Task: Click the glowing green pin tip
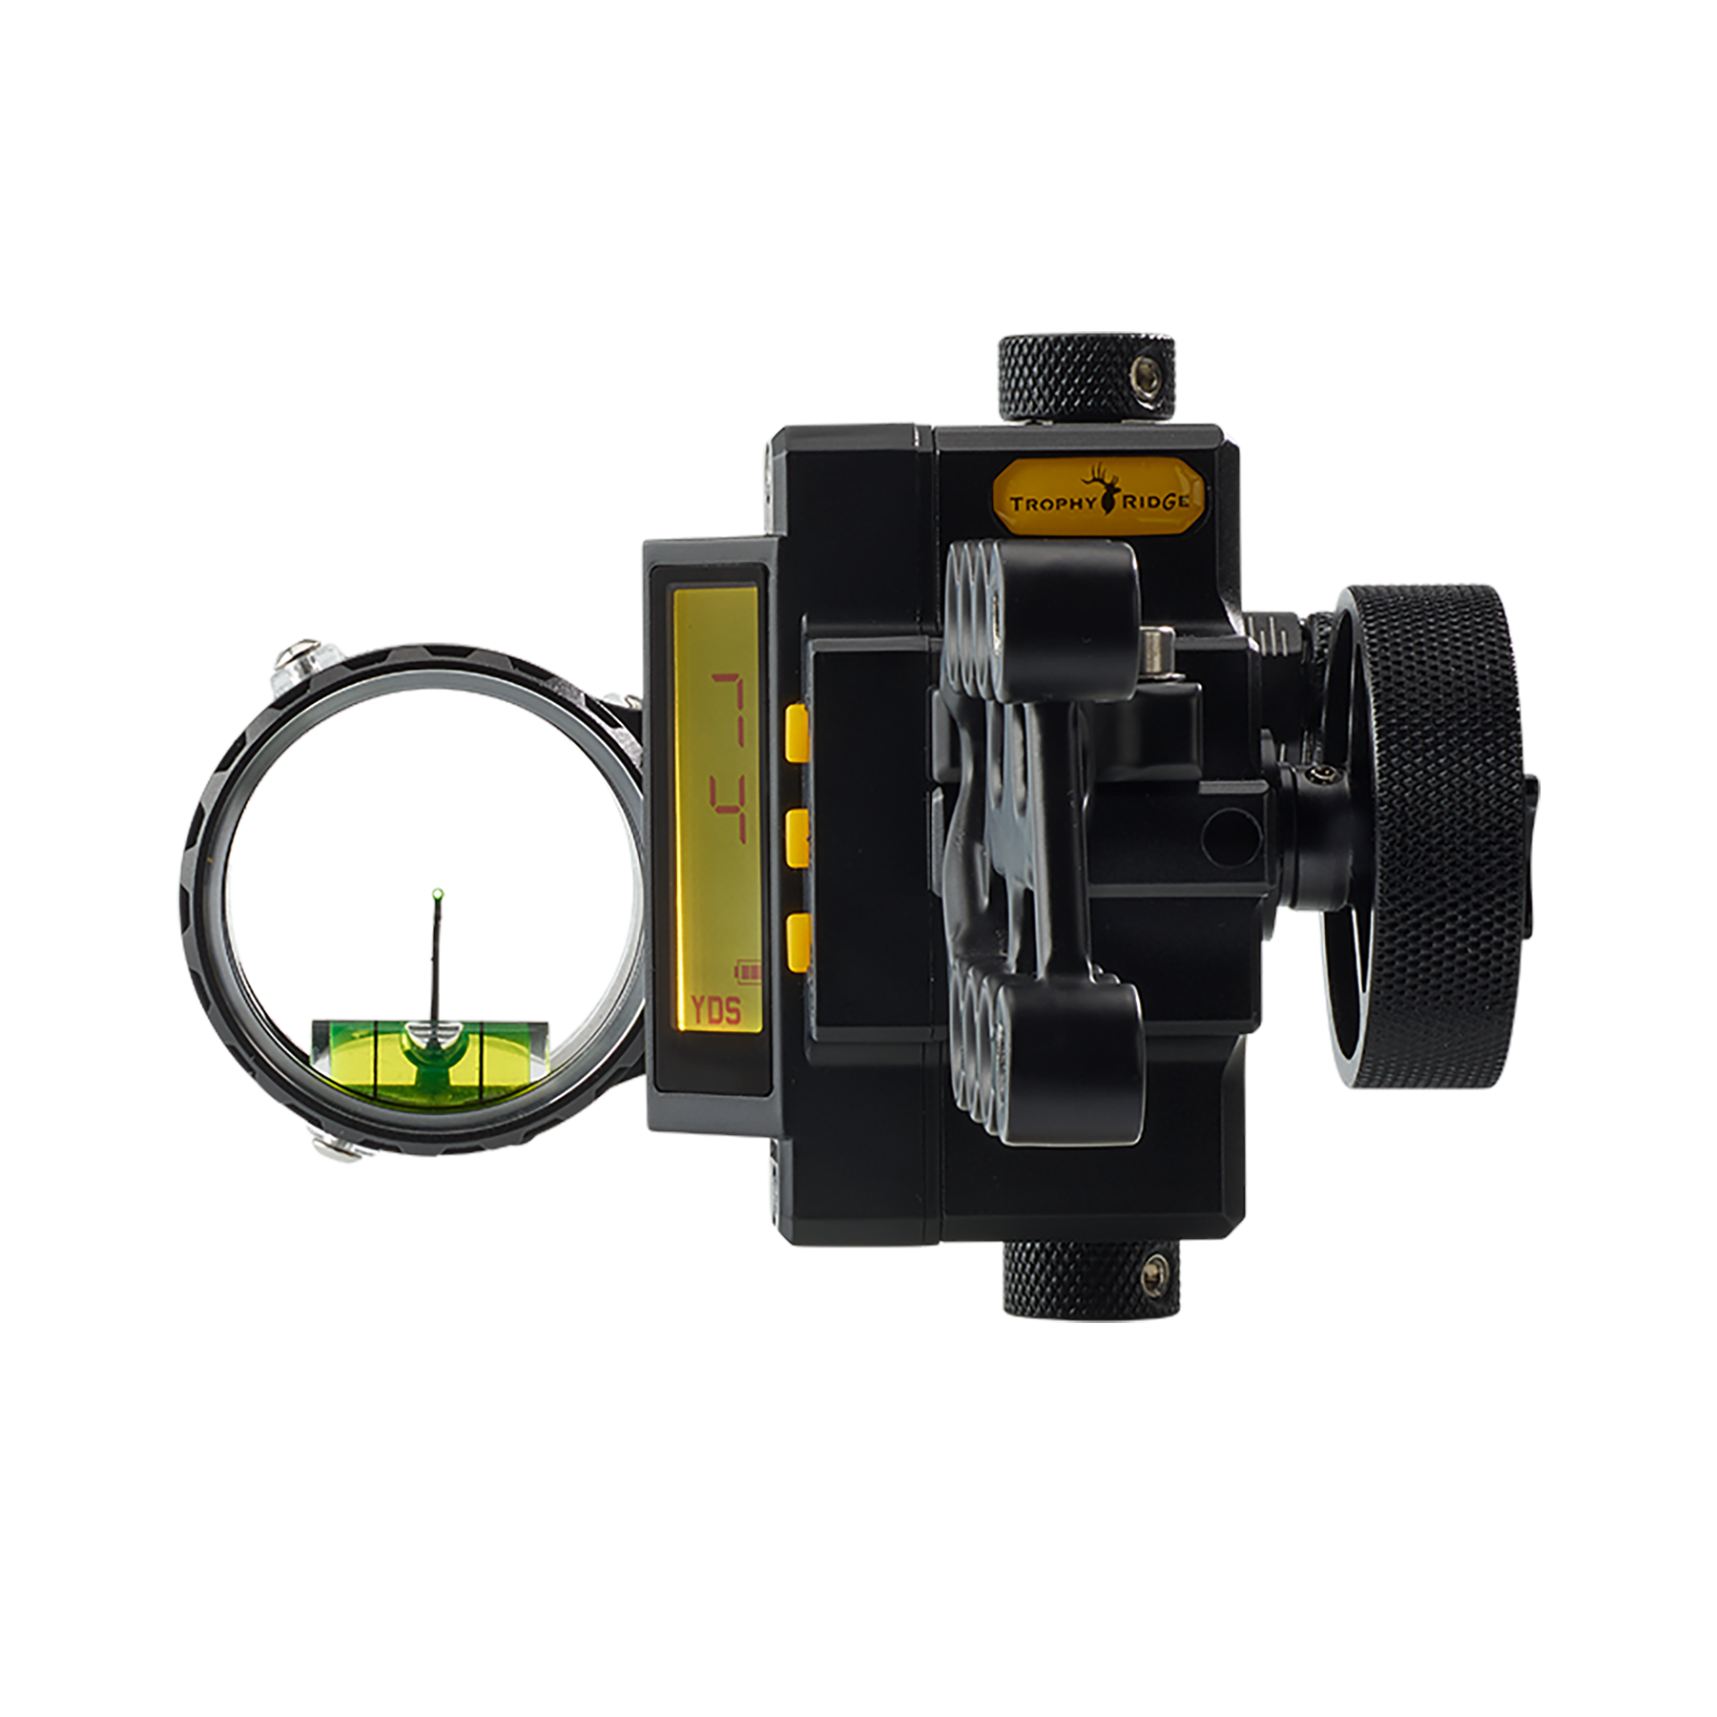click(x=438, y=894)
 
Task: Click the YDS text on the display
click(x=715, y=1011)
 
